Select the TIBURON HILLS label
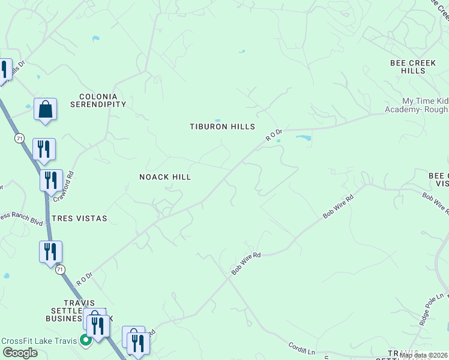222,127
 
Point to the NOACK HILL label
164,177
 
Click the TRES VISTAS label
79,218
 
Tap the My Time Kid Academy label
425,105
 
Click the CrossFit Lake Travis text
39,341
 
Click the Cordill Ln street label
301,346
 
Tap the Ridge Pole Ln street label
431,309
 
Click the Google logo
20,353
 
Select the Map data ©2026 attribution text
423,355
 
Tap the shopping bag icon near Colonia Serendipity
45,110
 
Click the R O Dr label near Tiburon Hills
274,135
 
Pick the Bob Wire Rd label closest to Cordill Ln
246,264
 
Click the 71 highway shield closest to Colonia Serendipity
20,139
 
